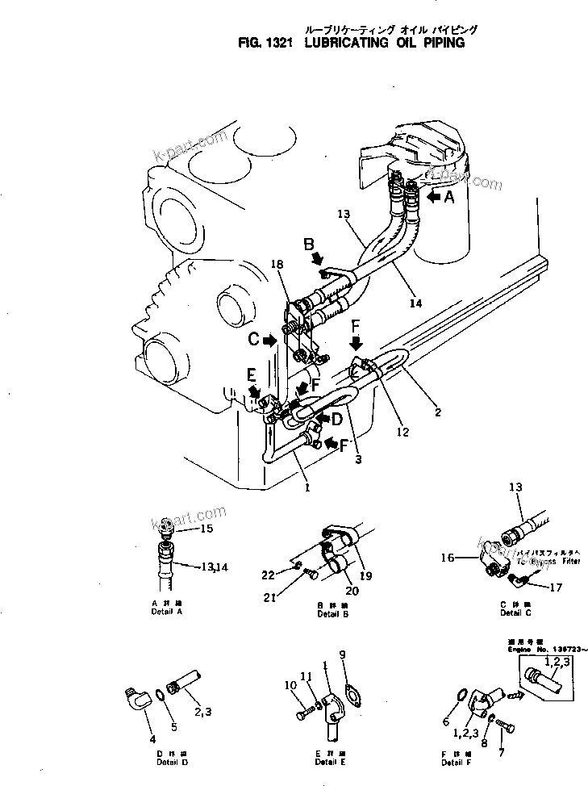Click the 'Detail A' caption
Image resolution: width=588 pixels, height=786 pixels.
point(166,612)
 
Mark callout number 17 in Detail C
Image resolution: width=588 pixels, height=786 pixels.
point(554,587)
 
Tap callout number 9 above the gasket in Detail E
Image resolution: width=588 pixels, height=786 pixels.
point(342,654)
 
